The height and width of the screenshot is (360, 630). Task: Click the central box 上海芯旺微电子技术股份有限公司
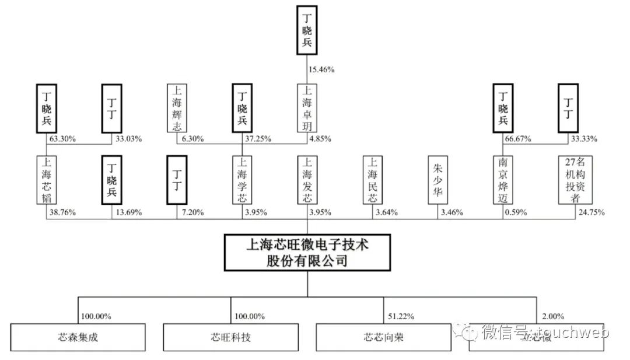tap(307, 252)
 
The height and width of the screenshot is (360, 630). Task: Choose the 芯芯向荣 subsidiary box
tap(383, 337)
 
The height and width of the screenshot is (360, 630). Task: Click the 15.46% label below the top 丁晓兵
tap(321, 69)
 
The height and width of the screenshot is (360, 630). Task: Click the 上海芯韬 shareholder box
tap(47, 179)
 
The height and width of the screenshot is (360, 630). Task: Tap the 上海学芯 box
tap(242, 179)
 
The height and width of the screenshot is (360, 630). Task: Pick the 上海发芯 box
tap(307, 179)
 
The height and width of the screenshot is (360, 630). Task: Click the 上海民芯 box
tap(373, 179)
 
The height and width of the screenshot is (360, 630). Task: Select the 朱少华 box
tap(438, 179)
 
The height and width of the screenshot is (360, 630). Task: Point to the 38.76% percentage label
tap(61, 212)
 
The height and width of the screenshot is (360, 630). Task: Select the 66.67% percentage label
tap(518, 139)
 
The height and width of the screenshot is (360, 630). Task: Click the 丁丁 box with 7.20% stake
tap(177, 179)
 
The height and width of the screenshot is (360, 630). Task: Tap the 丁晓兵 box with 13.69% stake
tap(112, 179)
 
